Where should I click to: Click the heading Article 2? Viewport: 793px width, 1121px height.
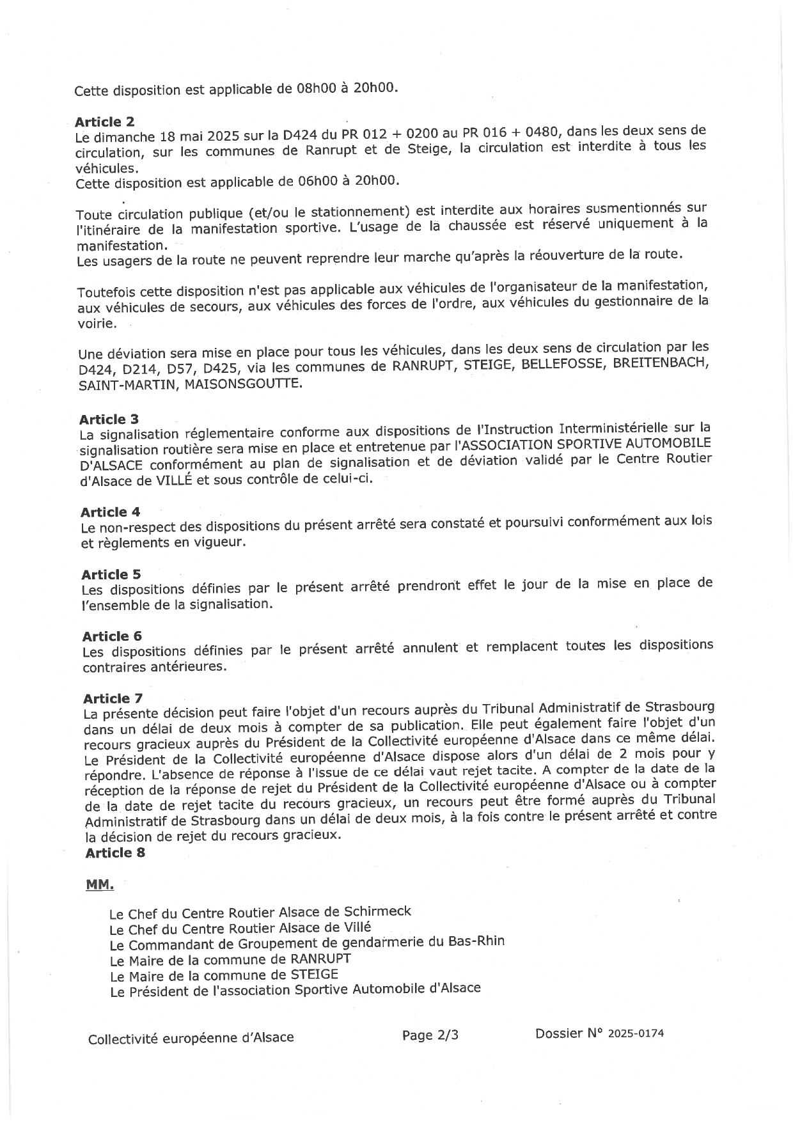point(104,122)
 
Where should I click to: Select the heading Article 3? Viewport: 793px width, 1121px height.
point(109,419)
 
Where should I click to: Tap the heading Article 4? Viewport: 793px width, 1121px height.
point(110,512)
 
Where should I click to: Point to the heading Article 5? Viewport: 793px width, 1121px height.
point(111,574)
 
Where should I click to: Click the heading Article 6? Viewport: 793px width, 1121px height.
point(112,636)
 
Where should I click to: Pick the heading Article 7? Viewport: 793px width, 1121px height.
point(113,698)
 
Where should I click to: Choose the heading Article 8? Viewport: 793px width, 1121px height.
point(115,852)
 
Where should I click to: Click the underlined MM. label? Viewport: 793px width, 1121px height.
point(100,885)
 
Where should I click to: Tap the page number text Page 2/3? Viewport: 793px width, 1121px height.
point(430,1035)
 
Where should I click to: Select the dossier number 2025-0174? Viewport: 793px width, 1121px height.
point(636,1033)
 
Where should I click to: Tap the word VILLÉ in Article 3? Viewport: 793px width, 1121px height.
point(173,481)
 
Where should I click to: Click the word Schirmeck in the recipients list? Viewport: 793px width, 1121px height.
point(377,911)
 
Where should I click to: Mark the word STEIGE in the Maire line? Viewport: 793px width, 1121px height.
point(314,975)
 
